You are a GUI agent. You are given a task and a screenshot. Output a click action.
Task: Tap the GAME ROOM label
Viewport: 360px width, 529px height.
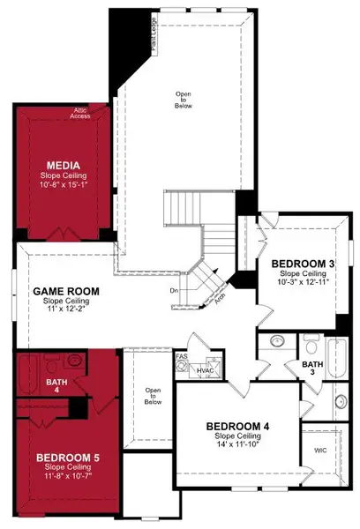coord(66,291)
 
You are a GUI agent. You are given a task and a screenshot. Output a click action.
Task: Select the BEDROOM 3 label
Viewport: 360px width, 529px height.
coord(302,264)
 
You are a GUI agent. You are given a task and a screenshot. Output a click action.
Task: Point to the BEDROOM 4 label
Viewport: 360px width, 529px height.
coord(237,426)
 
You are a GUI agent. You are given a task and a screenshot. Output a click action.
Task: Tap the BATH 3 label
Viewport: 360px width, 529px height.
coord(312,363)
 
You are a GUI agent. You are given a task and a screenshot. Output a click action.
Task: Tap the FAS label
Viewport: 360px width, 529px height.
coord(181,355)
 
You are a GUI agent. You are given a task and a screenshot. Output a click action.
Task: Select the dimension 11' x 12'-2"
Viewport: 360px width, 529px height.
coord(65,310)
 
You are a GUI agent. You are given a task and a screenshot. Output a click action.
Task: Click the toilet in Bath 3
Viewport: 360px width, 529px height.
coord(311,340)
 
